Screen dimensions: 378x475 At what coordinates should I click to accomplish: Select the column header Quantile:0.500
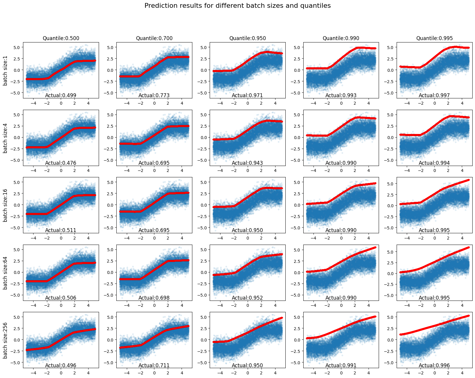tap(61, 38)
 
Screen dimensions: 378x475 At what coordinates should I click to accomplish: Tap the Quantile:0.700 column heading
tap(154, 38)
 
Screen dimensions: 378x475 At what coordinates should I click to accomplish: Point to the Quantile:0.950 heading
tap(248, 38)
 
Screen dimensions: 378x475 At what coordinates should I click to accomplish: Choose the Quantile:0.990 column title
tap(341, 38)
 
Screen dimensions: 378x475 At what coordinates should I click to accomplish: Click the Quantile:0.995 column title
tap(434, 38)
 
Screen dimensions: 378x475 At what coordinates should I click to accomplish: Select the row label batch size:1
tap(5, 70)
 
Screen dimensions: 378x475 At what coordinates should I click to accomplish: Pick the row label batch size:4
tap(5, 138)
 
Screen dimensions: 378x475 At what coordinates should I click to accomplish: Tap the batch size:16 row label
tap(5, 205)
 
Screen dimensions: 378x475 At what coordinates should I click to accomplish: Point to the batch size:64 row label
tap(5, 273)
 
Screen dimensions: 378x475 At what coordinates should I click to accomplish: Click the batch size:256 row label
tap(5, 340)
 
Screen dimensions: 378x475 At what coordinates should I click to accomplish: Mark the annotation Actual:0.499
tap(61, 96)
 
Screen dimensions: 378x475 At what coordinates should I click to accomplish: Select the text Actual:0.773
tap(154, 96)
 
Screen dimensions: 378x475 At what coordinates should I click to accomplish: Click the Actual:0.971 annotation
tap(247, 96)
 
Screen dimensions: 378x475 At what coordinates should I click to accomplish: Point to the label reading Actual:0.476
tap(61, 163)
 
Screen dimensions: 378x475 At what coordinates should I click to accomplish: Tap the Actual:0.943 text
tap(247, 163)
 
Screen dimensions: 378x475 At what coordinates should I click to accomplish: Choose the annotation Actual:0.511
tap(61, 231)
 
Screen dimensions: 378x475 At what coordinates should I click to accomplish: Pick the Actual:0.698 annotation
tap(154, 298)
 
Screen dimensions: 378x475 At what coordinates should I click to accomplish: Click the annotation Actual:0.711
tap(154, 366)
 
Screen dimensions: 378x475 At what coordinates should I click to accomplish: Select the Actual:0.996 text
tap(434, 366)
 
